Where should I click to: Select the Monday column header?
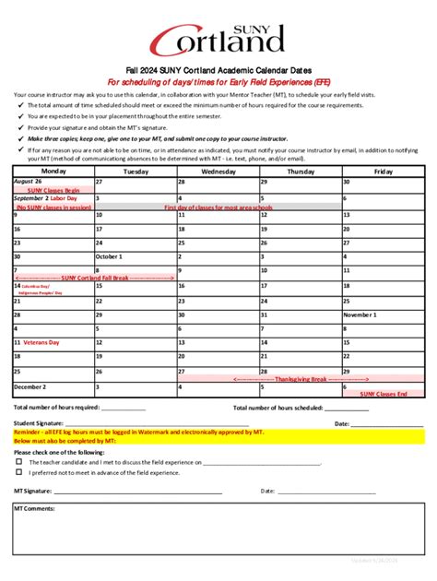[x=53, y=172]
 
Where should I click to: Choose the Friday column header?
[x=382, y=172]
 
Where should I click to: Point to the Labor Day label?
[x=65, y=198]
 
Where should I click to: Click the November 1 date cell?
[x=359, y=314]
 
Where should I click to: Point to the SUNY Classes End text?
[x=384, y=394]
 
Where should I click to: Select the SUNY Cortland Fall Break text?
[x=94, y=277]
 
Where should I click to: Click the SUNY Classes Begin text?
[x=53, y=190]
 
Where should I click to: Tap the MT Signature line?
[x=138, y=492]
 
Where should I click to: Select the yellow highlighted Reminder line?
[x=218, y=432]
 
